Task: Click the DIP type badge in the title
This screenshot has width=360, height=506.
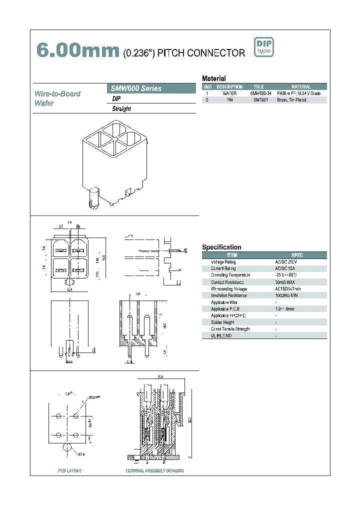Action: click(264, 47)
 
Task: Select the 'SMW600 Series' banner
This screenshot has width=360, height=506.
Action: click(136, 88)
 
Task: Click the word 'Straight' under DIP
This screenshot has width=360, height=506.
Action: click(121, 109)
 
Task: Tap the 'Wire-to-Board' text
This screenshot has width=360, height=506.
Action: click(57, 93)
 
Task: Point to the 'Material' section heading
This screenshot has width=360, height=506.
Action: click(213, 78)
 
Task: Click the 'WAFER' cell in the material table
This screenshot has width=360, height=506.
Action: click(229, 93)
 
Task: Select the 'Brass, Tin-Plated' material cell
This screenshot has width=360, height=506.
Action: click(291, 100)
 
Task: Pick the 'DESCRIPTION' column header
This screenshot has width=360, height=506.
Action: click(229, 87)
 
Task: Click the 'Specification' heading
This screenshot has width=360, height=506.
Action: click(221, 247)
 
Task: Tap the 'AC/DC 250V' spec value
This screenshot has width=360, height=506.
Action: click(286, 262)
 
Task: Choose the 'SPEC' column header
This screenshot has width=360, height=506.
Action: click(297, 255)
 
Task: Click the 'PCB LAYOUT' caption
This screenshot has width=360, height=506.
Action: click(69, 471)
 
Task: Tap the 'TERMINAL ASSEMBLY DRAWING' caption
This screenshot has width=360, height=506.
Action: click(154, 471)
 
